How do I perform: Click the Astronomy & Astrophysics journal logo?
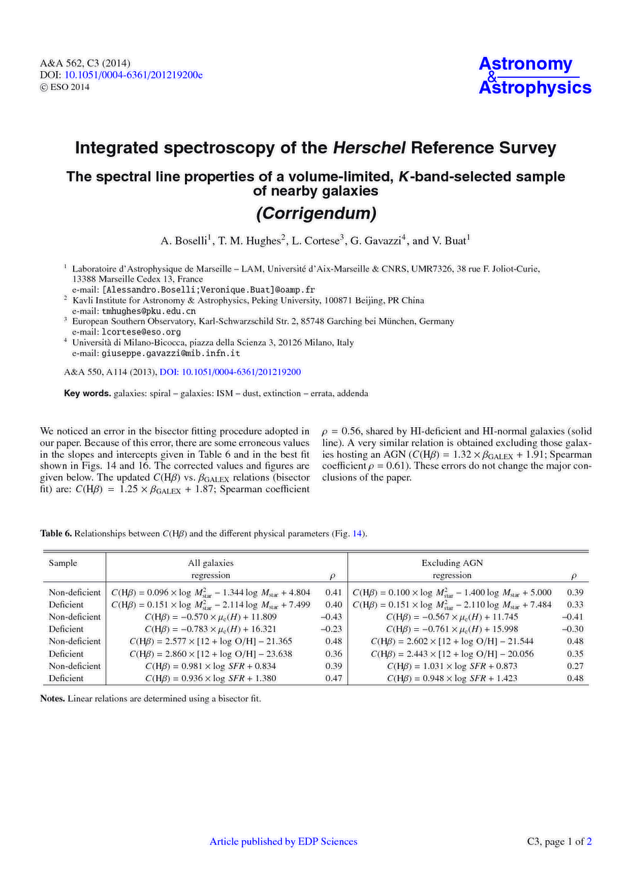pyautogui.click(x=534, y=76)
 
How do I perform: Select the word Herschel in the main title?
pyautogui.click(x=368, y=148)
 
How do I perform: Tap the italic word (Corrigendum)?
pyautogui.click(x=315, y=214)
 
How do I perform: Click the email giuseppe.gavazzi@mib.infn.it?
pyautogui.click(x=171, y=353)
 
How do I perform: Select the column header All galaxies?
pyautogui.click(x=210, y=563)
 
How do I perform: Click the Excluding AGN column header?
pyautogui.click(x=452, y=563)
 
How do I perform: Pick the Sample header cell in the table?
pyautogui.click(x=63, y=563)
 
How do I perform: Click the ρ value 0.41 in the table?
pyautogui.click(x=333, y=592)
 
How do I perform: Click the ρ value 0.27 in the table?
pyautogui.click(x=575, y=666)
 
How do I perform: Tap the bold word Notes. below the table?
pyautogui.click(x=53, y=699)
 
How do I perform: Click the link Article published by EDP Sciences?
pyautogui.click(x=283, y=842)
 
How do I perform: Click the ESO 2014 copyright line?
pyautogui.click(x=65, y=87)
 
